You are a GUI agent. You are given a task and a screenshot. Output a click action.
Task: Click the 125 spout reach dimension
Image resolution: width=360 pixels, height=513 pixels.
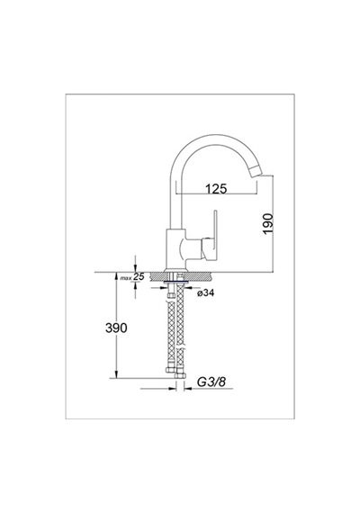tap(216, 189)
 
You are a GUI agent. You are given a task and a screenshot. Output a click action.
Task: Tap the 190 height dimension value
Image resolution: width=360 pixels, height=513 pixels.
tap(267, 223)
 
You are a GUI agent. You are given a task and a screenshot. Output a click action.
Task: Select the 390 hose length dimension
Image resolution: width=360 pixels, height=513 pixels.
tap(116, 328)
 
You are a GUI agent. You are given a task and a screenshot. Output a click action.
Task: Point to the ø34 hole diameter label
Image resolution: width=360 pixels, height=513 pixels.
tap(205, 292)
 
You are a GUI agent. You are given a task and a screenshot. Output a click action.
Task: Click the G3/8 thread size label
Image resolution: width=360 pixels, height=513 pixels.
tap(211, 382)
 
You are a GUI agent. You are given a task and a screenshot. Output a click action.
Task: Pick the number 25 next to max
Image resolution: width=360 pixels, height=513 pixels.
tap(139, 276)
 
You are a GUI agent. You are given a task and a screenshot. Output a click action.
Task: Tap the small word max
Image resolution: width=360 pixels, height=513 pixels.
tap(126, 278)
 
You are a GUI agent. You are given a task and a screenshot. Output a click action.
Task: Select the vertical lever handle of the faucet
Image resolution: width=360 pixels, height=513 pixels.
tap(215, 236)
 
